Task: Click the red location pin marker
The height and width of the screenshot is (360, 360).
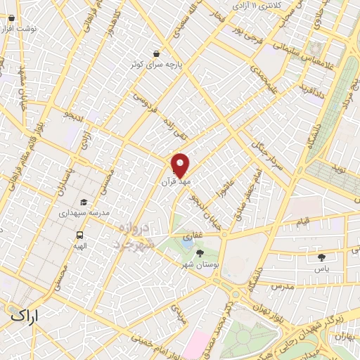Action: click(x=180, y=166)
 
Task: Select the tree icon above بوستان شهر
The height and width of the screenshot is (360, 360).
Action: click(x=200, y=252)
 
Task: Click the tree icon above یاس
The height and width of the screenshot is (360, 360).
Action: click(x=322, y=257)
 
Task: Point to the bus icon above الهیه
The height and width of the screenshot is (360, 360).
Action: click(x=80, y=236)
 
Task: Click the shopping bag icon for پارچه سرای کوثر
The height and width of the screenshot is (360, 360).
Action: click(x=155, y=53)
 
